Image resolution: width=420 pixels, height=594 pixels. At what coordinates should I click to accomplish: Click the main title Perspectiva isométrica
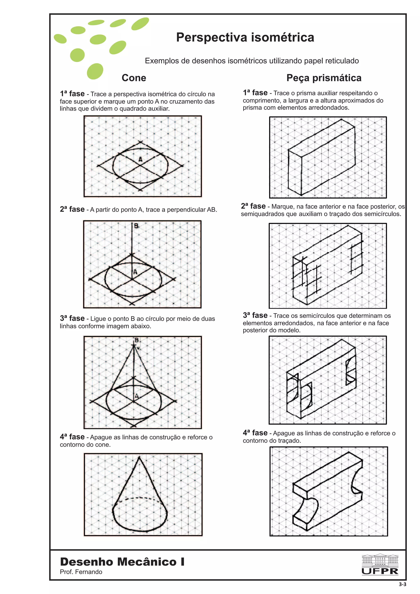[x=245, y=37]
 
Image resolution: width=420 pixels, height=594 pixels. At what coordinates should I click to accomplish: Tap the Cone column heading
[x=134, y=78]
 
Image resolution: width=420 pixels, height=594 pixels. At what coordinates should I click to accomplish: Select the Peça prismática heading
[x=324, y=78]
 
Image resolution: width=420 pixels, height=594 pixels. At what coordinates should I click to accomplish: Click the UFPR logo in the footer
[x=380, y=564]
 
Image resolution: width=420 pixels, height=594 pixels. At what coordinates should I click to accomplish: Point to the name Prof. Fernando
[x=81, y=572]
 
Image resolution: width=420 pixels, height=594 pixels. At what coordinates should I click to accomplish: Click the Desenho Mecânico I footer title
[x=122, y=562]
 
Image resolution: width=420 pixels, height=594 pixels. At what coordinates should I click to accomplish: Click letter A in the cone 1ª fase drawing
[x=140, y=159]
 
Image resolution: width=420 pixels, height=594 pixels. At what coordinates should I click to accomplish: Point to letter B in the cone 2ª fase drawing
[x=136, y=226]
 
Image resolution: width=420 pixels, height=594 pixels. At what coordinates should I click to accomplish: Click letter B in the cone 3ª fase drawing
[x=137, y=340]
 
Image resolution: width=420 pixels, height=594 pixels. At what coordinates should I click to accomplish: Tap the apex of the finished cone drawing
[x=139, y=458]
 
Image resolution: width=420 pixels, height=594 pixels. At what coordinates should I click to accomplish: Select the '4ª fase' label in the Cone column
[x=72, y=437]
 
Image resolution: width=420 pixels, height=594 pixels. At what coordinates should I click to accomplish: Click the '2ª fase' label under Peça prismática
[x=253, y=206]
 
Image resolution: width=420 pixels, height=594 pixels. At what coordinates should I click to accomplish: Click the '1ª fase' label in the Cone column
[x=72, y=94]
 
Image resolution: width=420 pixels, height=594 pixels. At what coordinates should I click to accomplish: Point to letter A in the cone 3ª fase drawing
[x=137, y=396]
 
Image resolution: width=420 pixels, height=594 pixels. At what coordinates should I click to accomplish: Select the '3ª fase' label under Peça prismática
[x=255, y=315]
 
